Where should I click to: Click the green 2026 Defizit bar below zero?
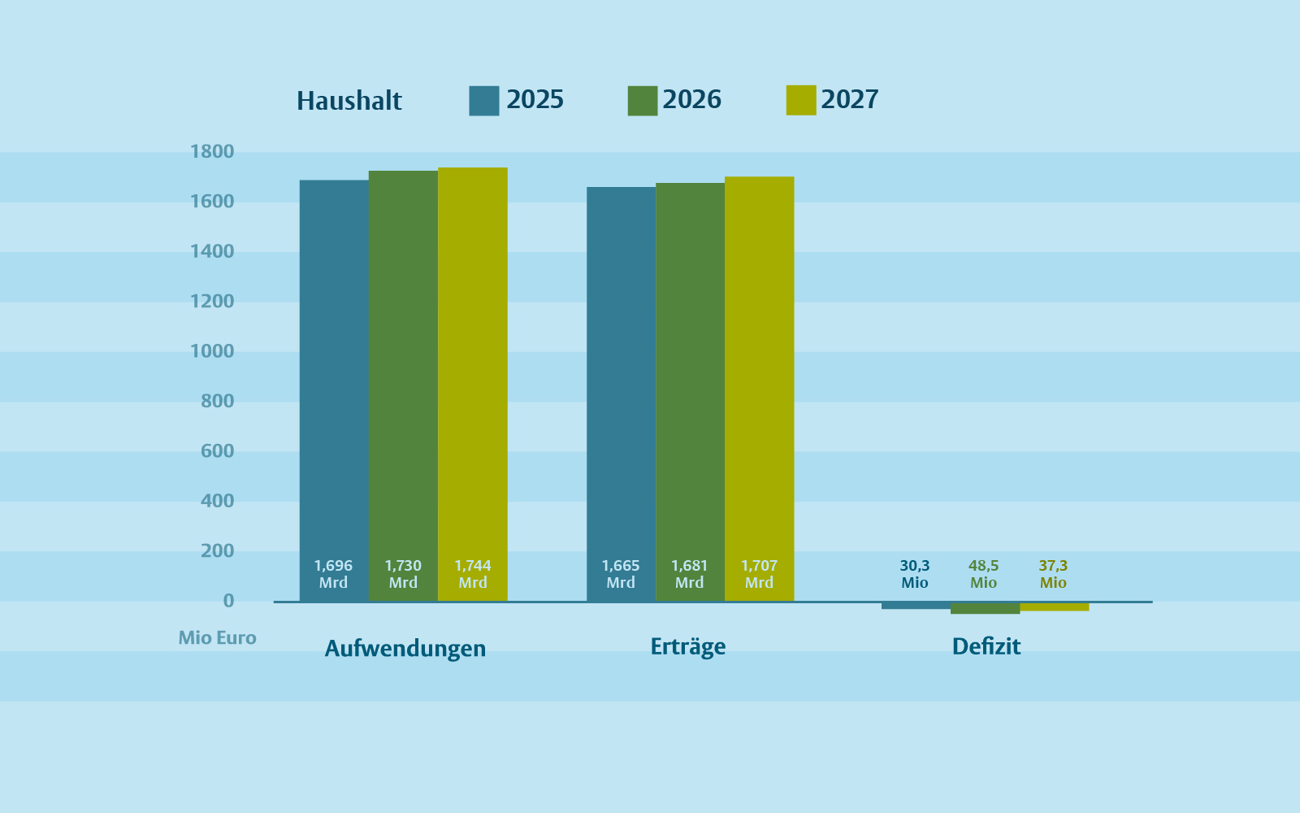(x=985, y=608)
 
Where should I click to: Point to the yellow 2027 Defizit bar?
(x=1054, y=606)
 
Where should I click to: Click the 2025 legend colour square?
(x=483, y=101)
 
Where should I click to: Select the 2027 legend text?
(x=849, y=99)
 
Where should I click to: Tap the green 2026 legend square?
(x=642, y=101)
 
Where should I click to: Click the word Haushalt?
(x=349, y=101)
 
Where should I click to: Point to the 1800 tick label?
(x=212, y=151)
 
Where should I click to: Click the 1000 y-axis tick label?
(x=212, y=351)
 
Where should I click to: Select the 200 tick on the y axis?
(x=217, y=550)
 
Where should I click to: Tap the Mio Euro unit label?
(x=217, y=637)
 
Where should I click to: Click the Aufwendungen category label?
(x=405, y=648)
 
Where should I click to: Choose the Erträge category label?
(x=688, y=646)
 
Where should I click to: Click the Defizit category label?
(x=986, y=646)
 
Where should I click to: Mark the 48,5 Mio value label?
(x=983, y=574)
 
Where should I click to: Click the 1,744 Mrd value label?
(x=473, y=574)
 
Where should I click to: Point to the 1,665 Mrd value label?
(x=621, y=574)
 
